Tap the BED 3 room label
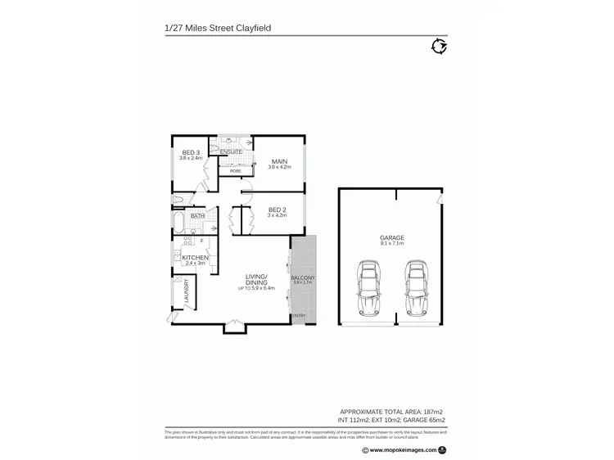tap(189, 152)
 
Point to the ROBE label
tap(235, 171)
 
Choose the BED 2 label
tap(278, 210)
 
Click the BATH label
tap(197, 216)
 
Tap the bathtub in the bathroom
tap(179, 222)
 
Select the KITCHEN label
tap(196, 258)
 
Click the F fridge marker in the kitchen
tap(201, 241)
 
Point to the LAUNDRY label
tap(187, 291)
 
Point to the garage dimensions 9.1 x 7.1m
tap(392, 243)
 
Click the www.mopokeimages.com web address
tap(396, 449)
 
